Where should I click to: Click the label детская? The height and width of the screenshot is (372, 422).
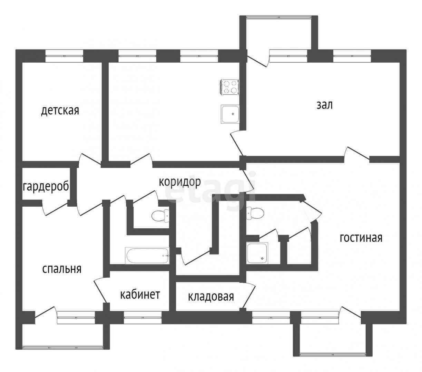coord(60,111)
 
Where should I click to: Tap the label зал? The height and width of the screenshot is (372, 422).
coord(325,105)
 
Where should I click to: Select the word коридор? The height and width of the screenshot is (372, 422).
coord(179,182)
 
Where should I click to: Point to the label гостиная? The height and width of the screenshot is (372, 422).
coord(361,238)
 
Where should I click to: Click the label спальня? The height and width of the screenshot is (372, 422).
coord(62,269)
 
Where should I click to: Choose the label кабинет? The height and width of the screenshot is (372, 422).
coord(140,295)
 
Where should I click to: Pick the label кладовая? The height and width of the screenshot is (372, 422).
coord(211,296)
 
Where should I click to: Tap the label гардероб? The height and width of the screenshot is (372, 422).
coord(46,187)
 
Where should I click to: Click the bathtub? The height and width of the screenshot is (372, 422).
coord(147,256)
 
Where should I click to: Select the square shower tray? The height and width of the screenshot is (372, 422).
coord(257,253)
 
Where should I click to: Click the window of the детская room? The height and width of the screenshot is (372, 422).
coord(65,56)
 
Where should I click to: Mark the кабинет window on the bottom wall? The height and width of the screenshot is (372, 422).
coord(143,317)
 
